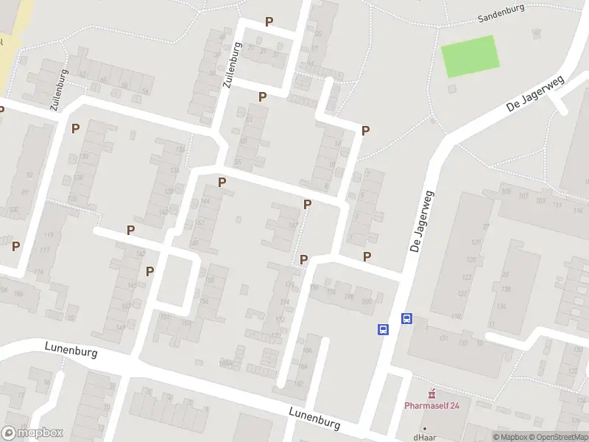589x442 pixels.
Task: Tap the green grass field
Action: pos(470,56)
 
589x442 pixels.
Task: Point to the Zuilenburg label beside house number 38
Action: pos(233,66)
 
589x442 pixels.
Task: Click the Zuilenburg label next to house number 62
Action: pos(60,90)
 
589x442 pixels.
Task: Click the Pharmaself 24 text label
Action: pos(431,404)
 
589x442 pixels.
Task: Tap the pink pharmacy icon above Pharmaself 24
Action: pos(432,393)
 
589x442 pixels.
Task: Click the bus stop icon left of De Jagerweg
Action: pos(384,329)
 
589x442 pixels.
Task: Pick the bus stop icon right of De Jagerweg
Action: pos(406,319)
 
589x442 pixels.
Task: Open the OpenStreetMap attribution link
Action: pos(560,437)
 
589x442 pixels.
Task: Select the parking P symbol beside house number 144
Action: pos(222,182)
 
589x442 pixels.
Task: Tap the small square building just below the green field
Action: pos(451,88)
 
